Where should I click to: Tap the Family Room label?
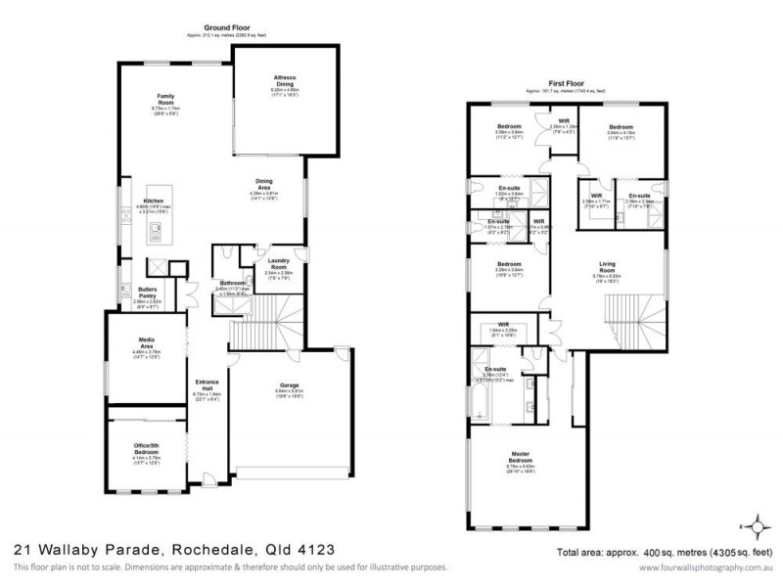pyautogui.click(x=166, y=99)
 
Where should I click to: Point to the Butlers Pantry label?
pyautogui.click(x=149, y=293)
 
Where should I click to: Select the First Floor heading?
pyautogui.click(x=568, y=84)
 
